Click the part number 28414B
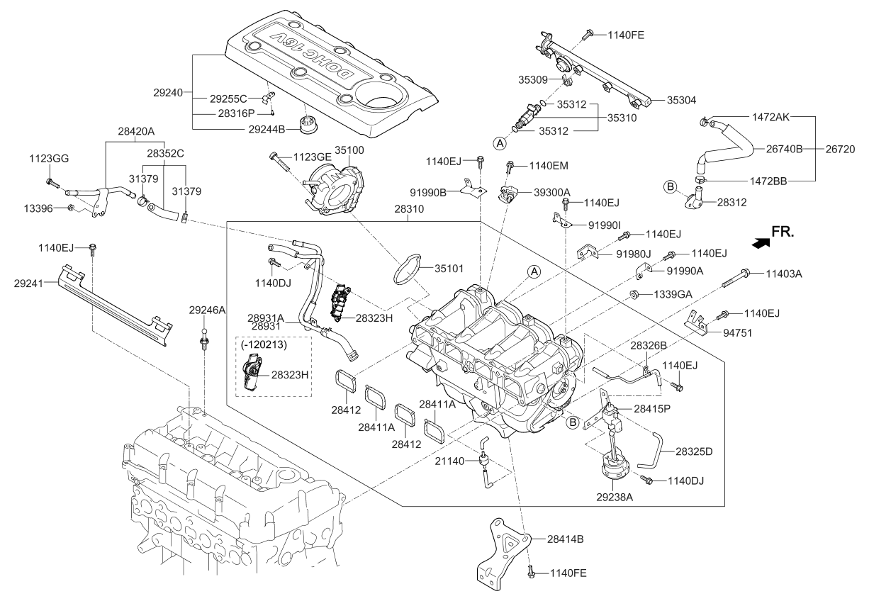pos(565,539)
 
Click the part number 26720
pos(840,150)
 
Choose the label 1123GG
pos(49,159)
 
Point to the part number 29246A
pos(207,310)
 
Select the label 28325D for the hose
pos(694,451)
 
